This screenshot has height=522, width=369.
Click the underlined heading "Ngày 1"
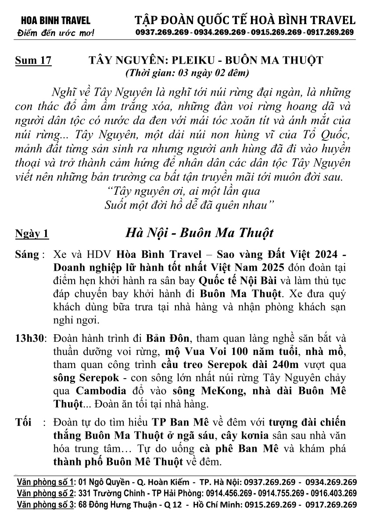pyautogui.click(x=32, y=233)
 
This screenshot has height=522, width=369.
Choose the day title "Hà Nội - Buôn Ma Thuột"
pyautogui.click(x=200, y=232)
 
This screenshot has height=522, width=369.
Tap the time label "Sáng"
pyautogui.click(x=27, y=255)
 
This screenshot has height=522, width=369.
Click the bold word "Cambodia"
pyautogui.click(x=101, y=390)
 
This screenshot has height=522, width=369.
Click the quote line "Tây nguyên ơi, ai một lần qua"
pyautogui.click(x=184, y=191)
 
